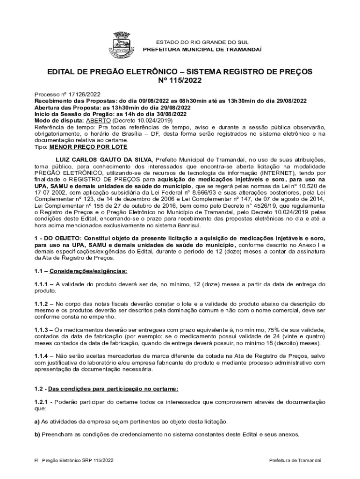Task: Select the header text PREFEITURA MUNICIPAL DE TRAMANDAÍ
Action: coord(202,49)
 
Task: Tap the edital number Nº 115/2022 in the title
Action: coord(180,81)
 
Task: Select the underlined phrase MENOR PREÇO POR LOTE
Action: coord(81,146)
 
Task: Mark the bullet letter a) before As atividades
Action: coord(37,421)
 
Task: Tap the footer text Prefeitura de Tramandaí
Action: coord(295,460)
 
